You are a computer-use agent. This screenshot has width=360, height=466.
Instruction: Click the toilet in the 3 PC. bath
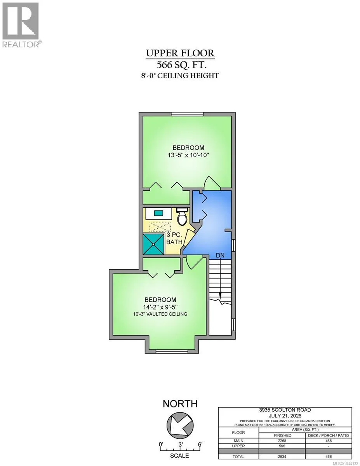[182, 216]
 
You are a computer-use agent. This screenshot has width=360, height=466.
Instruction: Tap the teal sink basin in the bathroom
[158, 213]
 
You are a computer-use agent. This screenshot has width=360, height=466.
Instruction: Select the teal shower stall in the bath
[153, 244]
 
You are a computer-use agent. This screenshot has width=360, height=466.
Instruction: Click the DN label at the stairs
[220, 255]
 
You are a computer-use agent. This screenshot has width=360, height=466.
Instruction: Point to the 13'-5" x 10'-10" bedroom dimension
[188, 155]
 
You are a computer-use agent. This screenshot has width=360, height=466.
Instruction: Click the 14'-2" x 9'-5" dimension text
[160, 307]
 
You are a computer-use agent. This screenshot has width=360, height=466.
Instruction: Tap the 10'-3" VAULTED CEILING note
[160, 314]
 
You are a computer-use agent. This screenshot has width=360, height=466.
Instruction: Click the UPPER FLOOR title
[180, 53]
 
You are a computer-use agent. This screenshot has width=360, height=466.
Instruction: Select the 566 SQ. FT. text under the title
[181, 64]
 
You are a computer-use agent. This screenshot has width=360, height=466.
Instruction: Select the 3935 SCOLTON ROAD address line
[285, 410]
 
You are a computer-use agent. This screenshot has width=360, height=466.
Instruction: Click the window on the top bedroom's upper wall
[187, 114]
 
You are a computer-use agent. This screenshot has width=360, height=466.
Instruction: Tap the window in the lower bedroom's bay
[172, 351]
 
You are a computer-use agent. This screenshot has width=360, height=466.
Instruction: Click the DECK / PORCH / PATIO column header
[329, 435]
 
